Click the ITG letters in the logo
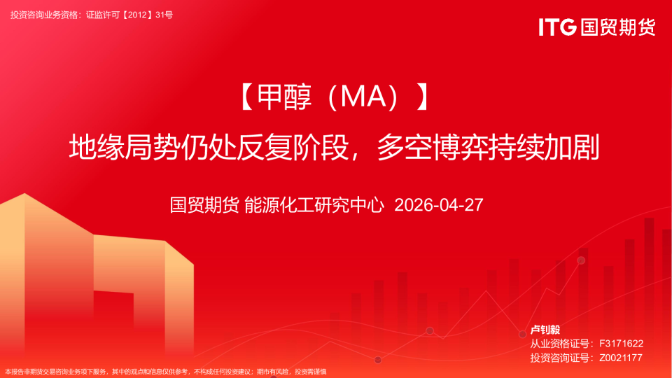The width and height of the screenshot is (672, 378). pyautogui.click(x=557, y=27)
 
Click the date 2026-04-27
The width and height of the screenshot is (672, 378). pyautogui.click(x=439, y=205)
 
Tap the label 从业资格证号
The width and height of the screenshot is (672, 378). pyautogui.click(x=559, y=344)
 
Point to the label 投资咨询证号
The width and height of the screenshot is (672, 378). pyautogui.click(x=559, y=358)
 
